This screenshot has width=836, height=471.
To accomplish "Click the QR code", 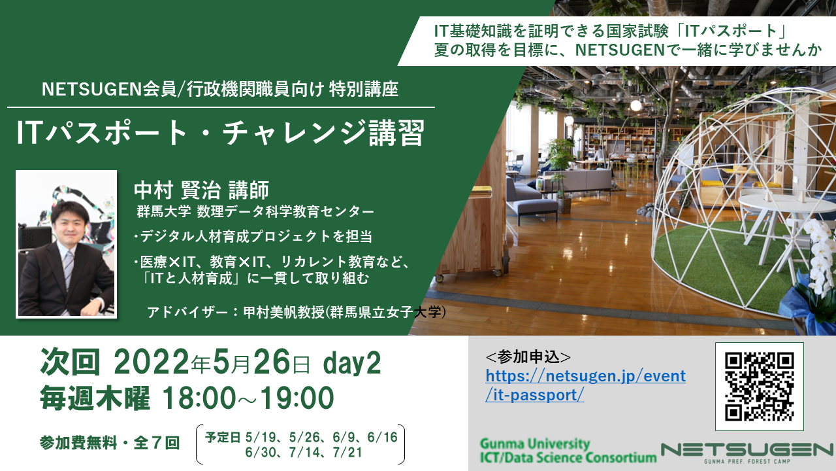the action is click(x=759, y=386).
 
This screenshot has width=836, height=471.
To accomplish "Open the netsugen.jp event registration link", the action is click(x=585, y=385).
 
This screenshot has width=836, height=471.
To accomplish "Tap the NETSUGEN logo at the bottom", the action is click(x=747, y=453).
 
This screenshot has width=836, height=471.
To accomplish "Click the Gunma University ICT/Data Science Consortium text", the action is click(x=568, y=451).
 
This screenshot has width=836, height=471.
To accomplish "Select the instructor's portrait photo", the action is click(x=66, y=244).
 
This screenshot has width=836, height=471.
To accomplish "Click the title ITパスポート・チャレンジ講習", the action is click(x=220, y=133).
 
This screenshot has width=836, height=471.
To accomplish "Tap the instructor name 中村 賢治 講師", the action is click(x=202, y=190).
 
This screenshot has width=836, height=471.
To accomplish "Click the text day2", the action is click(x=352, y=362).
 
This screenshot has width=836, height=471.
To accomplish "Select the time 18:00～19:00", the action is click(x=248, y=398).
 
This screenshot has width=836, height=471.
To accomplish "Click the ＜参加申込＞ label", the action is click(x=528, y=357).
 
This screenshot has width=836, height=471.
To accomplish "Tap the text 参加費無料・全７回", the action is click(x=110, y=443).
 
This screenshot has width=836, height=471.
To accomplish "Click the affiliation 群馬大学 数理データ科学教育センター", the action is click(x=255, y=212).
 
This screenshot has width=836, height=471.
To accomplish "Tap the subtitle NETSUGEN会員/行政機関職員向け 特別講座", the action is click(x=220, y=90).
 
